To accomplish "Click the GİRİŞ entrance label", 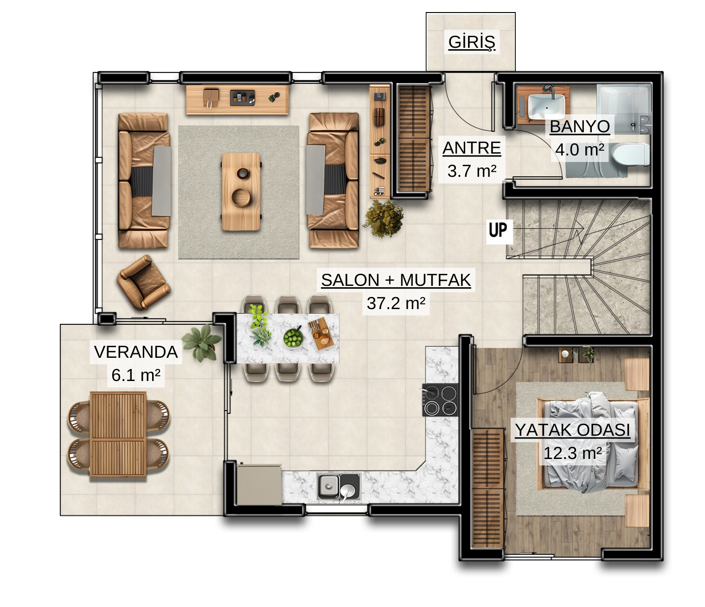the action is [471, 42].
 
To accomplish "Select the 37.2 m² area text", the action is [396, 303].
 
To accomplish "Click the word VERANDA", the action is [136, 352].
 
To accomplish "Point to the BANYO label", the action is [580, 127].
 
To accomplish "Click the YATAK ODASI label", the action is [572, 430].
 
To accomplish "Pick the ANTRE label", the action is [472, 148].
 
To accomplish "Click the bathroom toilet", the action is [630, 155].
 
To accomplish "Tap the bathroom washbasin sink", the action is [546, 107].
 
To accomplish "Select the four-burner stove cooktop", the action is [440, 400].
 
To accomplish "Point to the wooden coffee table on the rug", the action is [241, 191].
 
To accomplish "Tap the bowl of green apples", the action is [293, 337].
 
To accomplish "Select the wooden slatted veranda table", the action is [118, 435].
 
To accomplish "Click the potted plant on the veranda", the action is [202, 342].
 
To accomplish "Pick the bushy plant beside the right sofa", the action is [384, 219].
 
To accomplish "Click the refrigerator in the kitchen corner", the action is [259, 484].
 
